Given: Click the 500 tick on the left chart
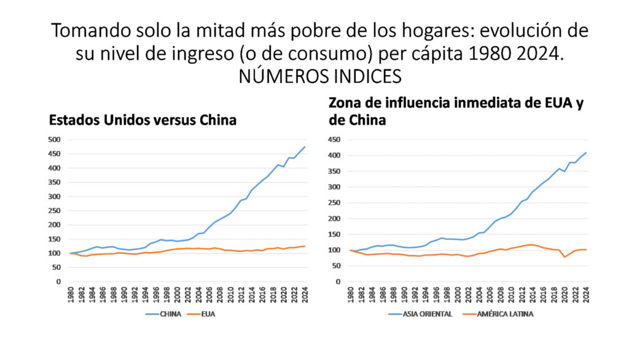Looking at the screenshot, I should [55, 139].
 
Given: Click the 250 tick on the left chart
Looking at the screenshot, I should [55, 211].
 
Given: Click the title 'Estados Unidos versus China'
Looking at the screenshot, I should [143, 120].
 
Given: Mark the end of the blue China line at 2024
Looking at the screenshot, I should [305, 147].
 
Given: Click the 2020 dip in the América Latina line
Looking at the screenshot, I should [565, 257].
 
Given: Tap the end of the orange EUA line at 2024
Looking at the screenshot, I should [305, 246].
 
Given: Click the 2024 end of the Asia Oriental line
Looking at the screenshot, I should [586, 152].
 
